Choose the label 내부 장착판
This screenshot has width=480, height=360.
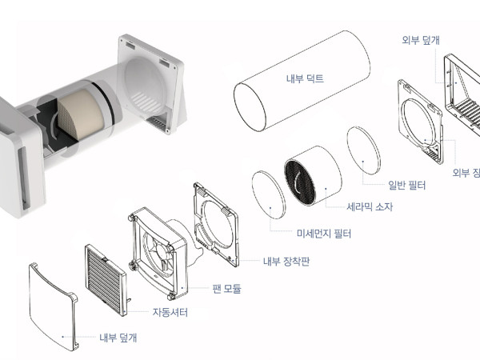284,261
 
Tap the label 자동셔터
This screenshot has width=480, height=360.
170,312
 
